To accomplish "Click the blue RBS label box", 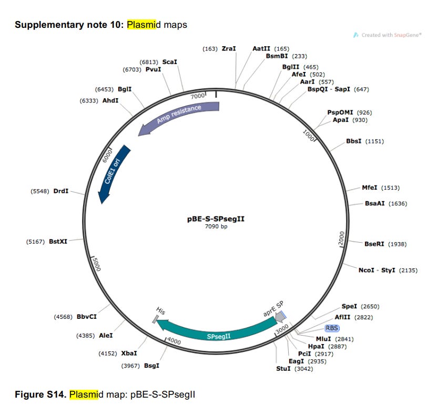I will coord(332,328).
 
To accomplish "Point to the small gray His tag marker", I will coord(155,318).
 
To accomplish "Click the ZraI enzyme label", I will coord(229,48).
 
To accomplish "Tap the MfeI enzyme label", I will coord(369,188).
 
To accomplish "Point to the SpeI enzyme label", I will coord(349,306).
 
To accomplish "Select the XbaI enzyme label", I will coord(129,353).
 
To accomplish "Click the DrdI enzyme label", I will coord(61,191).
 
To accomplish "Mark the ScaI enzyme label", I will coord(170,61).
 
